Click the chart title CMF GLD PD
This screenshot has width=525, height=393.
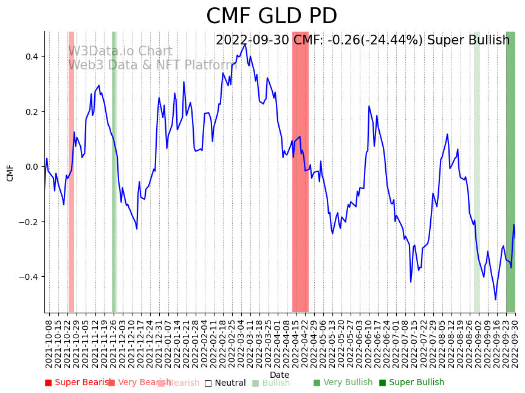(272, 16)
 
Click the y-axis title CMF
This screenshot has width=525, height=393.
(10, 172)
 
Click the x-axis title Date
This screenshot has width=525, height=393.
(280, 375)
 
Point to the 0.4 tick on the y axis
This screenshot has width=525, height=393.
(30, 57)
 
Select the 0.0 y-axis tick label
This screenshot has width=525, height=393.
(30, 167)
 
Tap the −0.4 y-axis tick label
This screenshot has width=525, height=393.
(28, 277)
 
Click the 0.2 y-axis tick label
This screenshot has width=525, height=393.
(30, 112)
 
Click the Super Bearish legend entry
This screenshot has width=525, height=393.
(78, 383)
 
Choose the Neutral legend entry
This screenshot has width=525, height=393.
(225, 383)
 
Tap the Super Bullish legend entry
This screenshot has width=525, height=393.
(412, 383)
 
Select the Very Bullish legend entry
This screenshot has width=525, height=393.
(343, 383)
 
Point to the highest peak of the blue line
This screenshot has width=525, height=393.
(245, 44)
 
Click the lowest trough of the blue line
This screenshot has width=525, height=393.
(495, 299)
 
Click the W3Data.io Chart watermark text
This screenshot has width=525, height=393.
(120, 51)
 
